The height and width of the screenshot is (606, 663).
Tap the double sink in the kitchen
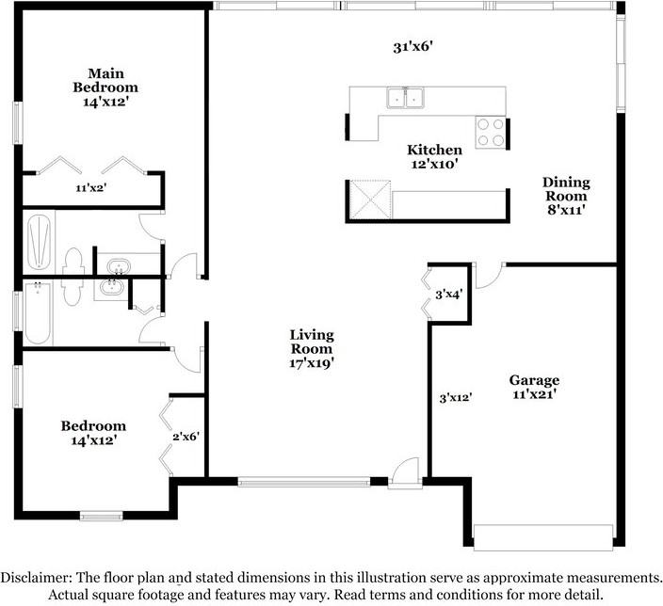click(x=405, y=97)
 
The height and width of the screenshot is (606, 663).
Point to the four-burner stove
click(x=489, y=132)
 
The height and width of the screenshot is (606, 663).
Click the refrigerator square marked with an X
click(x=369, y=199)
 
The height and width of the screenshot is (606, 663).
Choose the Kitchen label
click(x=434, y=150)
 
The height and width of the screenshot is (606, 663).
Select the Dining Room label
click(x=565, y=188)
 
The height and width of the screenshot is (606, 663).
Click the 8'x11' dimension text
click(x=565, y=210)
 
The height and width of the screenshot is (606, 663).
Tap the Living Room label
click(x=311, y=342)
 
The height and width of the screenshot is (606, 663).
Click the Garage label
click(x=534, y=380)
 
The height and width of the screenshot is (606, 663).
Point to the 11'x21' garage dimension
click(x=534, y=395)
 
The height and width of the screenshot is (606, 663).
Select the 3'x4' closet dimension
click(x=449, y=295)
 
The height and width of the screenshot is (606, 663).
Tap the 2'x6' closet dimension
click(x=186, y=436)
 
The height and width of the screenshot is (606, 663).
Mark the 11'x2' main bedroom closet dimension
click(x=91, y=188)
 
